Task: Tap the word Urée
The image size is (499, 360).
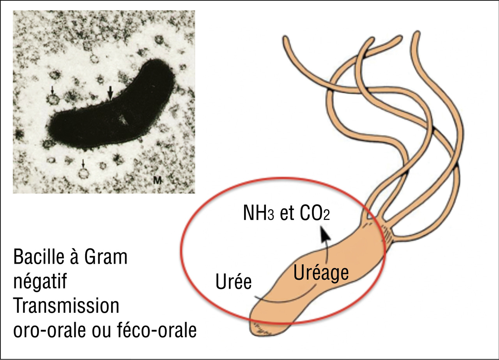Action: [234, 282]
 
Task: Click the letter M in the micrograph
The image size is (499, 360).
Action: [157, 181]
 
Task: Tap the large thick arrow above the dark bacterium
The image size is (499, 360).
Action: [110, 93]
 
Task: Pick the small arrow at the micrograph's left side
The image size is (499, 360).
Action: [52, 90]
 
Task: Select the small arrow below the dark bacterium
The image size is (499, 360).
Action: [83, 164]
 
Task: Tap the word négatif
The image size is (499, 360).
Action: [40, 282]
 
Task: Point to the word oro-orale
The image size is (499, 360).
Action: [50, 330]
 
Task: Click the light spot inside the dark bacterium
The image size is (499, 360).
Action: [123, 120]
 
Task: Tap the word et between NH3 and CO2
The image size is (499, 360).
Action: [287, 213]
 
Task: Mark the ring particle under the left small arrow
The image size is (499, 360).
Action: [53, 99]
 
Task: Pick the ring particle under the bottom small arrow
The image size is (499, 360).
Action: [84, 174]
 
